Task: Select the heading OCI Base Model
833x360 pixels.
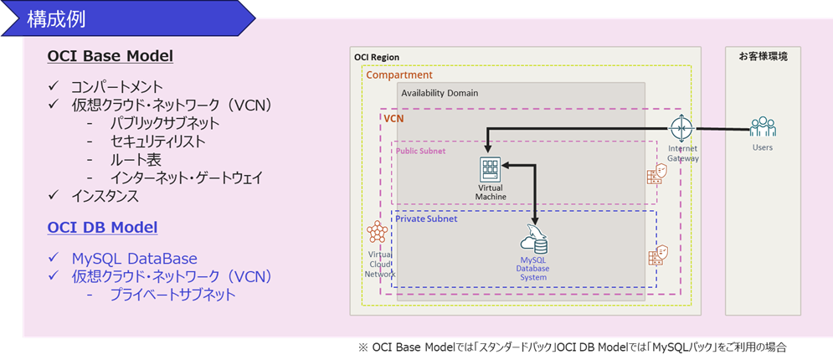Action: (x=111, y=57)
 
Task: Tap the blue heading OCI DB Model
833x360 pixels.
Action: (x=103, y=227)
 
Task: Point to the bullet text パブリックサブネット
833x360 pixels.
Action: (x=164, y=123)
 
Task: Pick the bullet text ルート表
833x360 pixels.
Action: (x=135, y=159)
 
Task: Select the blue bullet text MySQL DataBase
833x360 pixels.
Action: (x=134, y=258)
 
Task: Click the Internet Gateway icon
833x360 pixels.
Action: (x=682, y=130)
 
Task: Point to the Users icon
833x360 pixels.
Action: (x=763, y=127)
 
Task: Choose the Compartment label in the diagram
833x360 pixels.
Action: (x=399, y=75)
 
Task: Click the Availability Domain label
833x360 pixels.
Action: (x=439, y=93)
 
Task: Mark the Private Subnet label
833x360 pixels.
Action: (x=426, y=219)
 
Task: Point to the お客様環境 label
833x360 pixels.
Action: (x=763, y=56)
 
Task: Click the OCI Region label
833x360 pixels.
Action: (x=377, y=57)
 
